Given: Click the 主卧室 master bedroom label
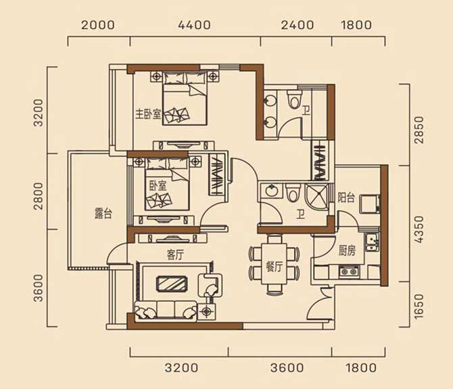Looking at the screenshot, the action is (148, 115).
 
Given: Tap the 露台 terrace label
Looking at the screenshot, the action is (103, 213).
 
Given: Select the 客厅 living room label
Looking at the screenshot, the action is (175, 255).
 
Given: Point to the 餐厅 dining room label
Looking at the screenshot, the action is (274, 267).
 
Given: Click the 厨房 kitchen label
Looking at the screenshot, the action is (347, 251).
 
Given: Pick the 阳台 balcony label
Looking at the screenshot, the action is (346, 198).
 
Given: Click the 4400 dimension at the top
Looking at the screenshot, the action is (194, 25).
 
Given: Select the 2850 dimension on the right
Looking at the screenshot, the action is (419, 130).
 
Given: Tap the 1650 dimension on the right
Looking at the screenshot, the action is (419, 307).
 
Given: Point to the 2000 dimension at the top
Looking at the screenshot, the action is (97, 25).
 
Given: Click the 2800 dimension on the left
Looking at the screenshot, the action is (39, 196).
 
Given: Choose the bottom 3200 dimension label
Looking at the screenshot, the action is (181, 368).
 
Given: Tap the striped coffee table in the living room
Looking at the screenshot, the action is (171, 284).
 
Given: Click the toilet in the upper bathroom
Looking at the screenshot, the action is (294, 99).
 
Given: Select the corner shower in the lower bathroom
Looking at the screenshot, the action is (316, 197).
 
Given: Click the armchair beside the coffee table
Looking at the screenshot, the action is (210, 286).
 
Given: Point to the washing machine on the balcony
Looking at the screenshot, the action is (370, 204).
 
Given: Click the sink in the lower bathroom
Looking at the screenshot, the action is (271, 190).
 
